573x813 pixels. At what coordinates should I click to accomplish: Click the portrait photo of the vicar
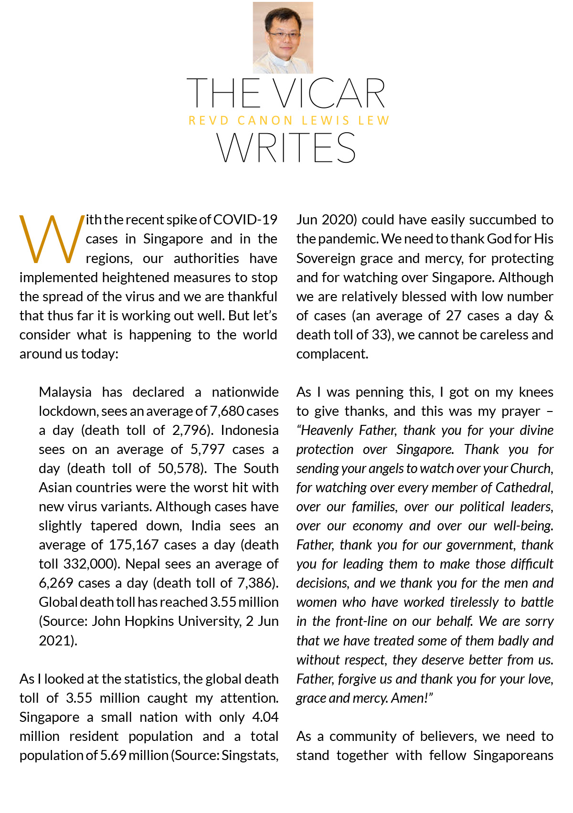pos(283,38)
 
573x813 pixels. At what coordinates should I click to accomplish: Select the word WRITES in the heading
pos(286,148)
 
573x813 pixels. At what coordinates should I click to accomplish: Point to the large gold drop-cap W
pos(51,239)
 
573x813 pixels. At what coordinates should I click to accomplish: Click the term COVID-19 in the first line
pos(245,220)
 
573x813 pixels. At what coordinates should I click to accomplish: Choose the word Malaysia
pos(65,392)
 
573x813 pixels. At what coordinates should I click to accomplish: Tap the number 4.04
pos(265,717)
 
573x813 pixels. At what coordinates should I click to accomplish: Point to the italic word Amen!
pos(411,698)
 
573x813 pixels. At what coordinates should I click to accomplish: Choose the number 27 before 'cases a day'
pos(454,316)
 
